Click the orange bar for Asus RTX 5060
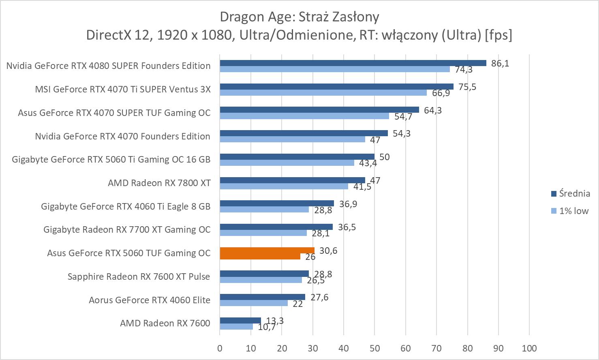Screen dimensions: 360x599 [267, 251]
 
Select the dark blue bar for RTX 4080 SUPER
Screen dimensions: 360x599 [353, 63]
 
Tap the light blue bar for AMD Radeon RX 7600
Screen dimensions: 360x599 [236, 326]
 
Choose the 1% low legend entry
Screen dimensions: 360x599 [569, 211]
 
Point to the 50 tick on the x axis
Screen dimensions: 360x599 [374, 348]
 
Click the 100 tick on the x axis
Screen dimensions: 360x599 [529, 348]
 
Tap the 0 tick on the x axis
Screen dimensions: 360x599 [220, 348]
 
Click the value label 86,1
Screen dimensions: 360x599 [500, 63]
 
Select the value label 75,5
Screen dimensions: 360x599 [467, 87]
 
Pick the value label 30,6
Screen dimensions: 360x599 [328, 251]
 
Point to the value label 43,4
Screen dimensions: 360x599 [368, 163]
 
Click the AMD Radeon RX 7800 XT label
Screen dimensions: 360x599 [159, 183]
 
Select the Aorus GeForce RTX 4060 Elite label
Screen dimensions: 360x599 [150, 300]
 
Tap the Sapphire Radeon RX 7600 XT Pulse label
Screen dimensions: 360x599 [139, 276]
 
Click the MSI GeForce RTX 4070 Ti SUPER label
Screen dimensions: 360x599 [123, 89]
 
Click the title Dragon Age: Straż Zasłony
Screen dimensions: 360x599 [299, 17]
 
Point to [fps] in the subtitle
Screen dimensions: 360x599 [498, 35]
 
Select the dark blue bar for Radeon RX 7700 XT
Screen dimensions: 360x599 [276, 227]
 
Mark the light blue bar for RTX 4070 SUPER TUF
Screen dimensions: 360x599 [304, 116]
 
